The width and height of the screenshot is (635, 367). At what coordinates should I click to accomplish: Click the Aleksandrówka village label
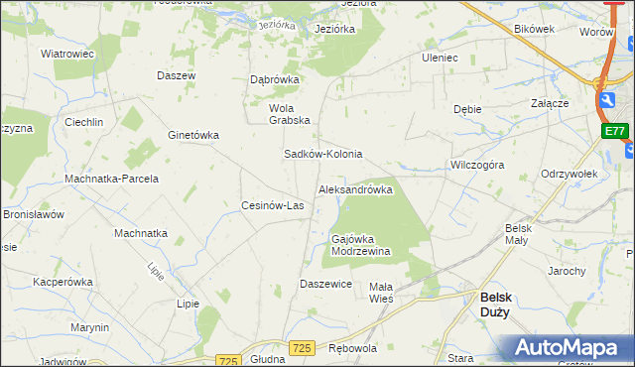coord(355,189)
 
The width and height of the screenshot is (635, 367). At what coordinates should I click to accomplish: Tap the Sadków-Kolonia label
coord(322,155)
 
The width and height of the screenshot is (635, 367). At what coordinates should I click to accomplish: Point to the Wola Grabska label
coord(290,114)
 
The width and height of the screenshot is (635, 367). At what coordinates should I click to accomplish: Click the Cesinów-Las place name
coord(272,206)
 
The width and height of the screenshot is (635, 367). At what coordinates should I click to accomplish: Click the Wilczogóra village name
coord(477,165)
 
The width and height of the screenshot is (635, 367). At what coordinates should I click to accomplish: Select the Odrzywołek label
coord(569,174)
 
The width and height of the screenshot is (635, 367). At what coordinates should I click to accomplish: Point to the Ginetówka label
coord(193,135)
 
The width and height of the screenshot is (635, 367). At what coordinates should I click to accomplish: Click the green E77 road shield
coord(614,130)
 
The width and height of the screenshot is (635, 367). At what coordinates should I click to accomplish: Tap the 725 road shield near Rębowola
coord(303,347)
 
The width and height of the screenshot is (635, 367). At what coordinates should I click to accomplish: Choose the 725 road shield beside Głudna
coord(228,361)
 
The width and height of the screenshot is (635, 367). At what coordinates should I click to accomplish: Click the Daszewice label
coord(326,284)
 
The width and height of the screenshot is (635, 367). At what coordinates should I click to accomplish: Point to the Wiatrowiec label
coord(66,54)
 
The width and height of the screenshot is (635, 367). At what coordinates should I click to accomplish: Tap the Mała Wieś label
coord(381,292)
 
